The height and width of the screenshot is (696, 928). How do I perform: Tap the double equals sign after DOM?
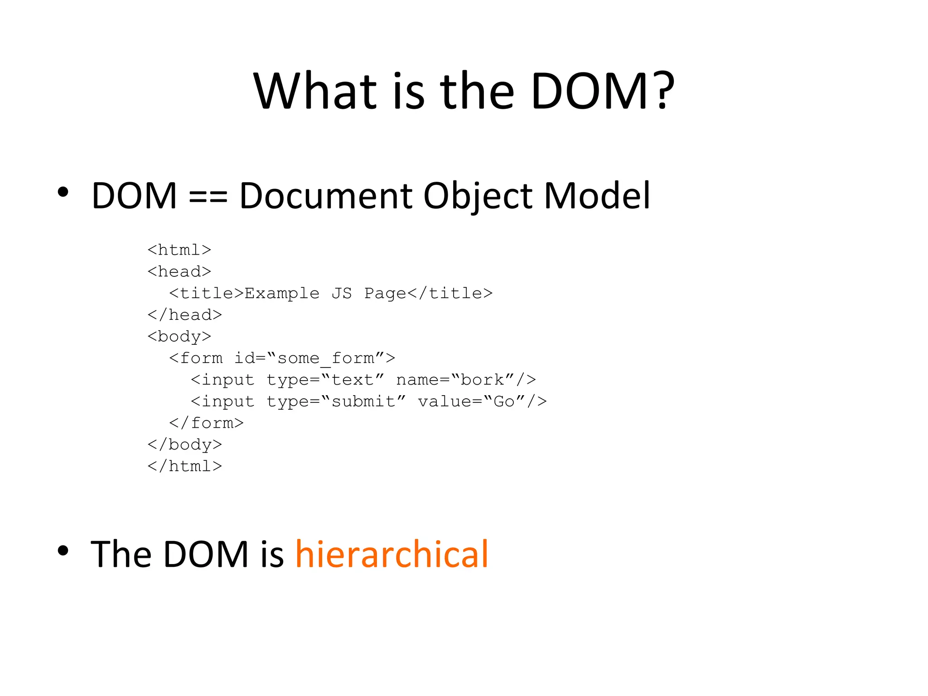pyautogui.click(x=208, y=196)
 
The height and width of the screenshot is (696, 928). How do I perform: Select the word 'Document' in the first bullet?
pyautogui.click(x=326, y=196)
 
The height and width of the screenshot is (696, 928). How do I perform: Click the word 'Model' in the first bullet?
pyautogui.click(x=597, y=196)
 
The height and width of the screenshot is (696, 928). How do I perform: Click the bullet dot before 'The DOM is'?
pyautogui.click(x=63, y=551)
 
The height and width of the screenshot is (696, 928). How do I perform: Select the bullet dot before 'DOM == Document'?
pyautogui.click(x=63, y=192)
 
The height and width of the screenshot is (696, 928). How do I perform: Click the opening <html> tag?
pyautogui.click(x=179, y=250)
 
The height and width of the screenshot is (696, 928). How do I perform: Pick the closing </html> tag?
pyautogui.click(x=185, y=466)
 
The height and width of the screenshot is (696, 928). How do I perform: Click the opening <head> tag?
pyautogui.click(x=179, y=272)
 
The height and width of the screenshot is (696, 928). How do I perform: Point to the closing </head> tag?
pyautogui.click(x=185, y=315)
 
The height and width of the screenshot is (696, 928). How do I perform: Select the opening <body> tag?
pyautogui.click(x=179, y=337)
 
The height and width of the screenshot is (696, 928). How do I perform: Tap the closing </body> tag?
pyautogui.click(x=185, y=445)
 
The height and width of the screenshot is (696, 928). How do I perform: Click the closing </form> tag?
pyautogui.click(x=207, y=423)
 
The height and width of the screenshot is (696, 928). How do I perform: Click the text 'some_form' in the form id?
pyautogui.click(x=326, y=358)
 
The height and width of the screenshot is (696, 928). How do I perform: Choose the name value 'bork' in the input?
pyautogui.click(x=483, y=380)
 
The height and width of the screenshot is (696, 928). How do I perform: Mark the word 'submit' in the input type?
pyautogui.click(x=363, y=401)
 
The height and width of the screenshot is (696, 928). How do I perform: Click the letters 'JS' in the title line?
pyautogui.click(x=342, y=294)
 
